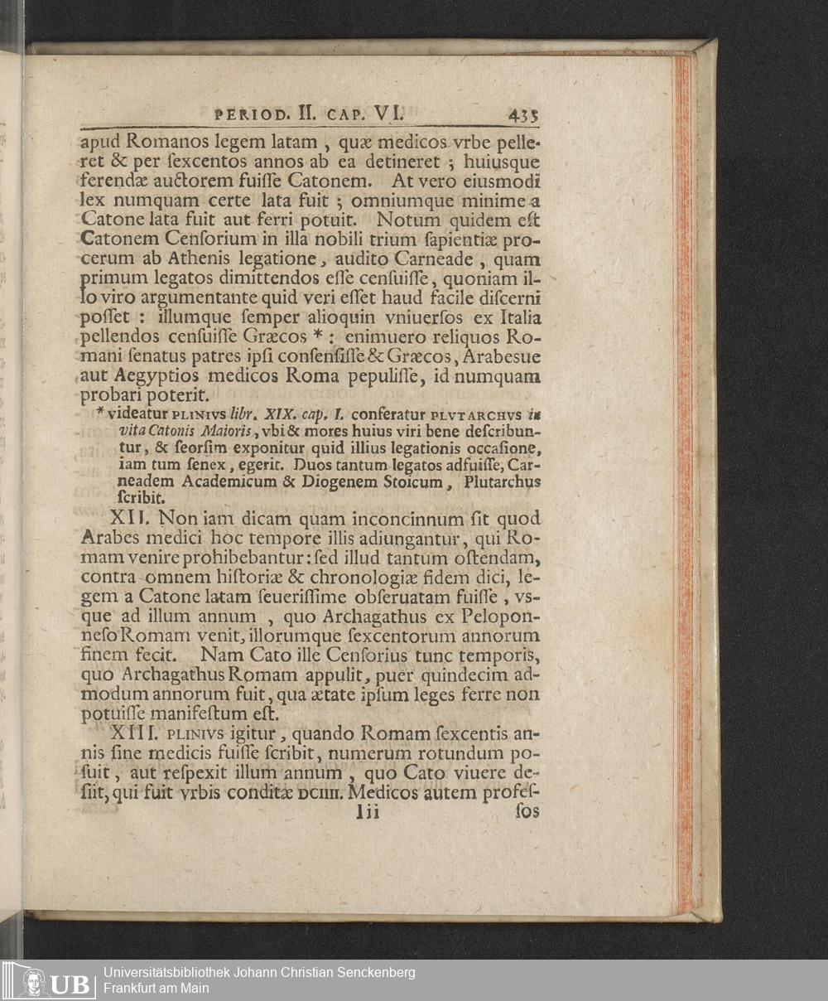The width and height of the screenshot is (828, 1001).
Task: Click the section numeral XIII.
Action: tap(132, 733)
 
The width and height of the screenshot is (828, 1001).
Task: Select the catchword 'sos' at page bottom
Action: tap(527, 812)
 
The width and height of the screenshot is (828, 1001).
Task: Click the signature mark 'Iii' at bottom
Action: tap(366, 813)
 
